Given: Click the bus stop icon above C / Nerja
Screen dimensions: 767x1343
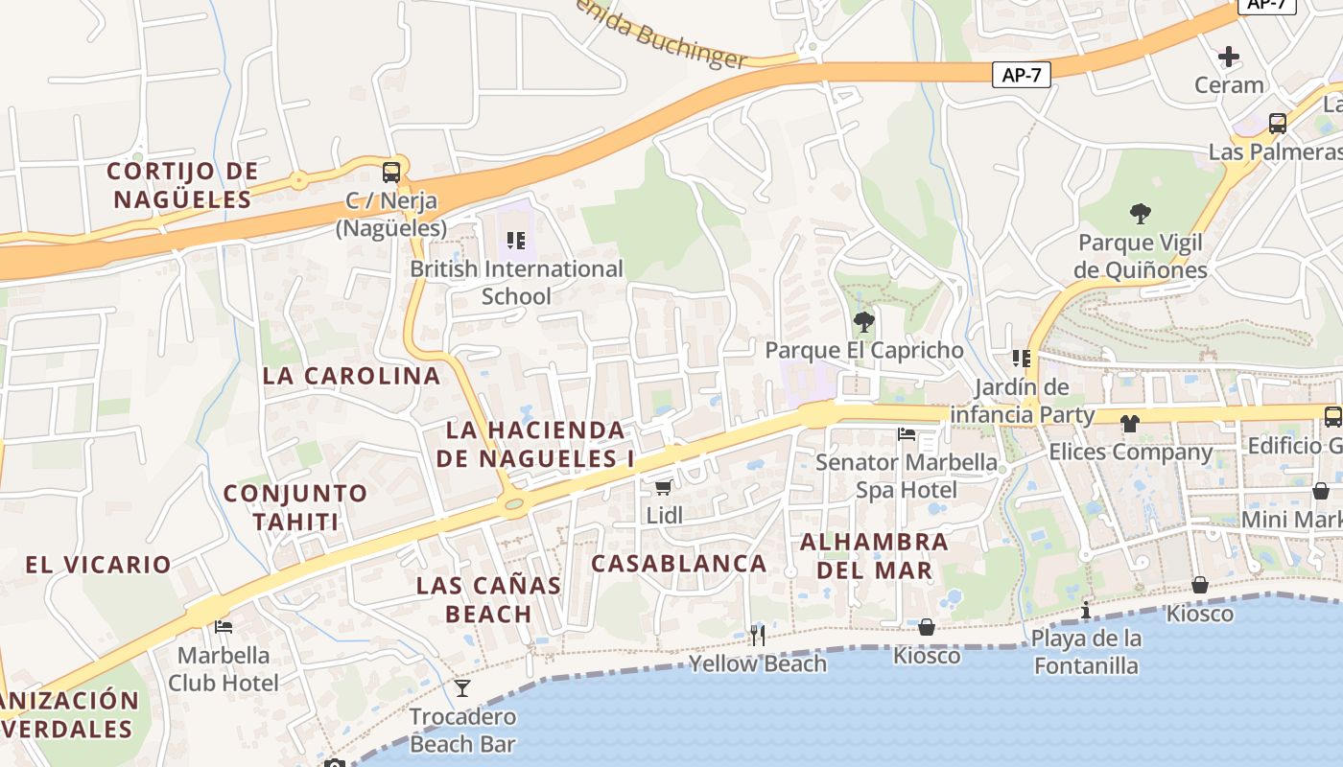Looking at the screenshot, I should (391, 173).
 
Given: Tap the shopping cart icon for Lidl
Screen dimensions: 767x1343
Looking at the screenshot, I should (663, 487).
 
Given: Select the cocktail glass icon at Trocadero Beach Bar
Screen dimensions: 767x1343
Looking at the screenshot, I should (462, 688).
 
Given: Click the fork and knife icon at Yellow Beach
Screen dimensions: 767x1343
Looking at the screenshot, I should (758, 635).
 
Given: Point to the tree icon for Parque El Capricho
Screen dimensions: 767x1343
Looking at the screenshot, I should (863, 321).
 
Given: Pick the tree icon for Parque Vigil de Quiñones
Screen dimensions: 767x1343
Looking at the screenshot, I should (1140, 213).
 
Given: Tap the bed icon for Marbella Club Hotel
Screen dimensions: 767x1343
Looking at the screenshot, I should (224, 627).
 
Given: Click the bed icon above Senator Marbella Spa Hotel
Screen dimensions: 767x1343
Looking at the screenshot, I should (907, 434).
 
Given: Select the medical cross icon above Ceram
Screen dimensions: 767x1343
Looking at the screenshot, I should (1228, 57).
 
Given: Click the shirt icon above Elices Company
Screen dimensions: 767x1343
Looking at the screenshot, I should (1129, 423).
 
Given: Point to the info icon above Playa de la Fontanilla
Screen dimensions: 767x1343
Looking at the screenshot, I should (1086, 610).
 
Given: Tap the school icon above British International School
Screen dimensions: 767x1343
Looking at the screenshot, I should (516, 241).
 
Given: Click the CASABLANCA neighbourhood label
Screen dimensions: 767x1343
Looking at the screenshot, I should (678, 564).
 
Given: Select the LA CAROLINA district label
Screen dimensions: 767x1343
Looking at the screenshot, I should (351, 376).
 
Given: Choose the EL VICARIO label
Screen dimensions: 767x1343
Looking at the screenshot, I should (99, 565).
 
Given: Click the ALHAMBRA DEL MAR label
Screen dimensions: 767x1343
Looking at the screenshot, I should (874, 556).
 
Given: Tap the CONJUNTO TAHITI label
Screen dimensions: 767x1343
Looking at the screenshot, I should (295, 508).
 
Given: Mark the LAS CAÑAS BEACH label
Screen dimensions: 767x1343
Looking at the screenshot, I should (488, 599).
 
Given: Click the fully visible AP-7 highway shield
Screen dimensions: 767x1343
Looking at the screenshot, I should (1021, 75).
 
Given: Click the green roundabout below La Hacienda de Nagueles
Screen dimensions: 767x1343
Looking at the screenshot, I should (514, 502).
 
